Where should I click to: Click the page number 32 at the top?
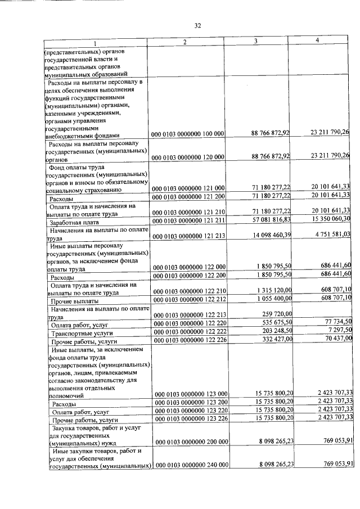tap(198, 25)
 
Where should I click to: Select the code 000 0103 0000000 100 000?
tap(188, 134)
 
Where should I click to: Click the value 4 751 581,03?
tap(332, 235)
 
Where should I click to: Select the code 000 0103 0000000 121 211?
tap(188, 220)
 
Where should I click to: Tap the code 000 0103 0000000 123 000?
tap(188, 394)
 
